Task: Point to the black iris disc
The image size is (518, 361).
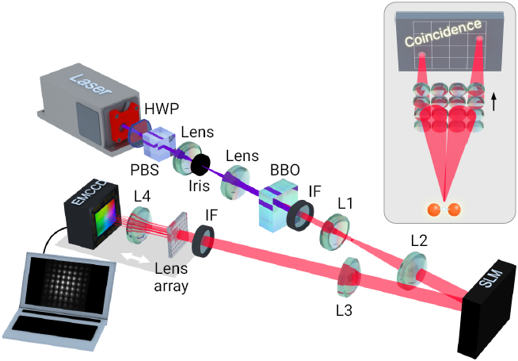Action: tap(200, 165)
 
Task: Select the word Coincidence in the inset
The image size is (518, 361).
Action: tap(441, 33)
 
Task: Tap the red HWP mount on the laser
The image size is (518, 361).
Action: tap(118, 123)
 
